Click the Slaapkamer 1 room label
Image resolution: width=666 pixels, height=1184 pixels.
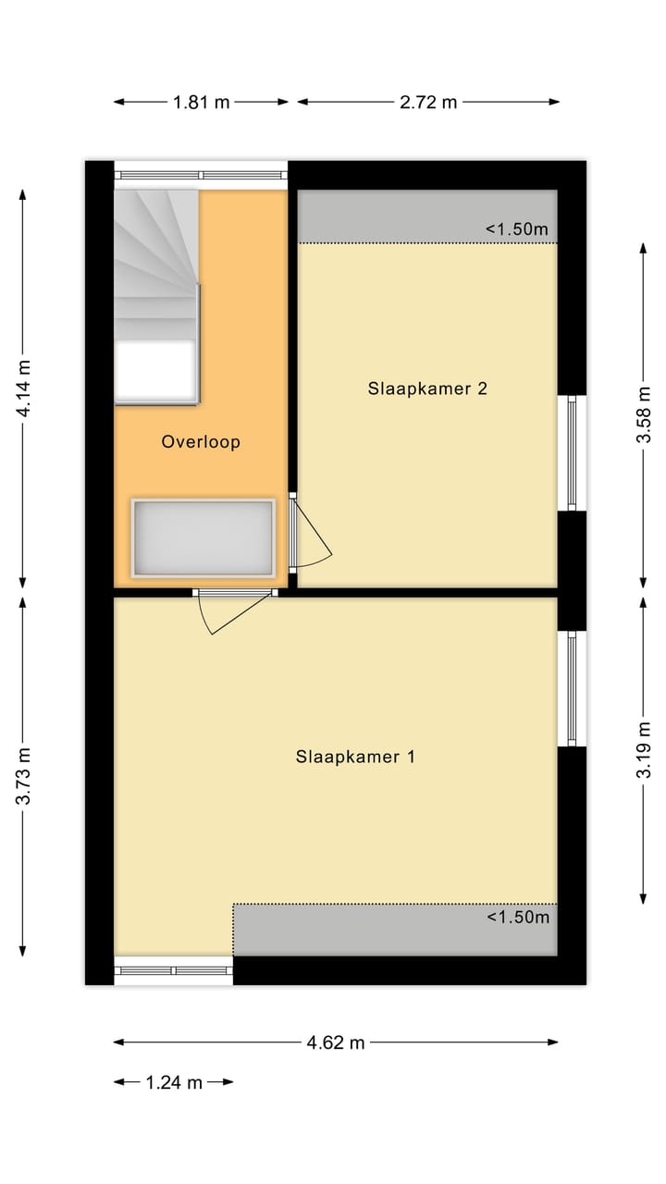click(x=355, y=757)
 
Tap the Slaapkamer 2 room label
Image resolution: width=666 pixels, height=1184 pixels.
click(x=427, y=388)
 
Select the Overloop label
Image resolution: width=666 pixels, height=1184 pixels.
click(x=201, y=442)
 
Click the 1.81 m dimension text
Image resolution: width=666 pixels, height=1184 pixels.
click(x=201, y=103)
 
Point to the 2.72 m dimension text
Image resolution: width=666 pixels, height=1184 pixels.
click(x=428, y=103)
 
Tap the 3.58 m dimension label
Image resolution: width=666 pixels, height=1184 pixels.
click(x=644, y=415)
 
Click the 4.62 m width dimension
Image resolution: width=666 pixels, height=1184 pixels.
click(x=336, y=1042)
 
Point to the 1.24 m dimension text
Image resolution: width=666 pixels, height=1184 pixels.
click(x=173, y=1082)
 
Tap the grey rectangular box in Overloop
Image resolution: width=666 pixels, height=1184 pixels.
click(x=203, y=537)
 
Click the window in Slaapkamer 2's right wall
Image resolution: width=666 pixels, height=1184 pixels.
click(x=573, y=453)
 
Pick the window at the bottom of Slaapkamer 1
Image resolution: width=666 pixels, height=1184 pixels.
click(x=173, y=970)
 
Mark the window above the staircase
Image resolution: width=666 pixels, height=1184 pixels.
click(x=201, y=175)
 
